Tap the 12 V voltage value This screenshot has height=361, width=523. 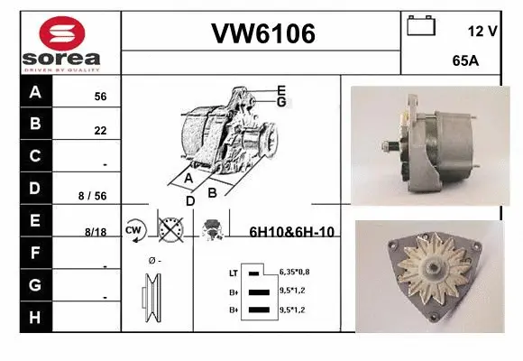[482, 31]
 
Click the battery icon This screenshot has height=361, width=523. [421, 26]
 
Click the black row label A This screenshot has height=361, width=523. [35, 92]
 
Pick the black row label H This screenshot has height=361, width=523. [35, 317]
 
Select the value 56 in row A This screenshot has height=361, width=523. [100, 97]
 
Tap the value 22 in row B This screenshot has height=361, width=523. [100, 131]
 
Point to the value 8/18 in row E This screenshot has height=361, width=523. [96, 232]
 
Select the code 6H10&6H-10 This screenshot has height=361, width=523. [291, 232]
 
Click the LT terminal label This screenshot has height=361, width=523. [234, 272]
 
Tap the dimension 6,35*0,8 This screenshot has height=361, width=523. [296, 271]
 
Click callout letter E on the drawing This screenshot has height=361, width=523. [281, 90]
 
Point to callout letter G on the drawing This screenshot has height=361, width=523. [281, 102]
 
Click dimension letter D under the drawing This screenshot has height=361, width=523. [189, 200]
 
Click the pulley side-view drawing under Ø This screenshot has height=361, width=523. [150, 297]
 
